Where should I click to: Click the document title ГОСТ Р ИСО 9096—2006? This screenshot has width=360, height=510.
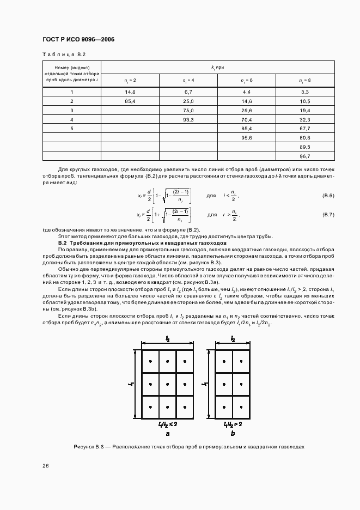pyautogui.click(x=77, y=39)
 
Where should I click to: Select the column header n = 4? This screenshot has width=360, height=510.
pyautogui.click(x=188, y=80)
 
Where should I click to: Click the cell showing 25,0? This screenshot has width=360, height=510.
pyautogui.click(x=188, y=102)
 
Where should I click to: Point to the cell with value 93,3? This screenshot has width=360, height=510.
pyautogui.click(x=188, y=119)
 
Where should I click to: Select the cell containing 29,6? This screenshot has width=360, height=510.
pyautogui.click(x=246, y=111)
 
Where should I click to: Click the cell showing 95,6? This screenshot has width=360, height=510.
pyautogui.click(x=246, y=137)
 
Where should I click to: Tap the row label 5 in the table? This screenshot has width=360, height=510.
pyautogui.click(x=72, y=128)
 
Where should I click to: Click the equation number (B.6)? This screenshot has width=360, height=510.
pyautogui.click(x=328, y=195)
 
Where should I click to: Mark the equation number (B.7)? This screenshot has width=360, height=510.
pyautogui.click(x=328, y=215)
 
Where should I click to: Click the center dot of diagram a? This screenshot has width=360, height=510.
pyautogui.click(x=167, y=384)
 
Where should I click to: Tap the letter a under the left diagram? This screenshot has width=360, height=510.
pyautogui.click(x=168, y=433)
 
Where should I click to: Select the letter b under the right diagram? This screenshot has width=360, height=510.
pyautogui.click(x=233, y=433)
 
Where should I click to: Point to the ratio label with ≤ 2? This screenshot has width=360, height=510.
pyautogui.click(x=168, y=423)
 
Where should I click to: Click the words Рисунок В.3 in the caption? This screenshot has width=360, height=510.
pyautogui.click(x=88, y=447)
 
